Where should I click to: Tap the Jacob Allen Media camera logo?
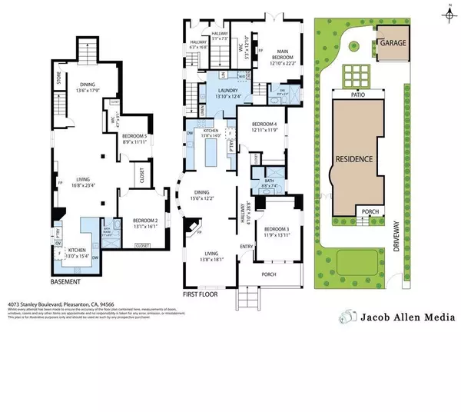(350, 316)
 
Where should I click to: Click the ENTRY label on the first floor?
(246, 246)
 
